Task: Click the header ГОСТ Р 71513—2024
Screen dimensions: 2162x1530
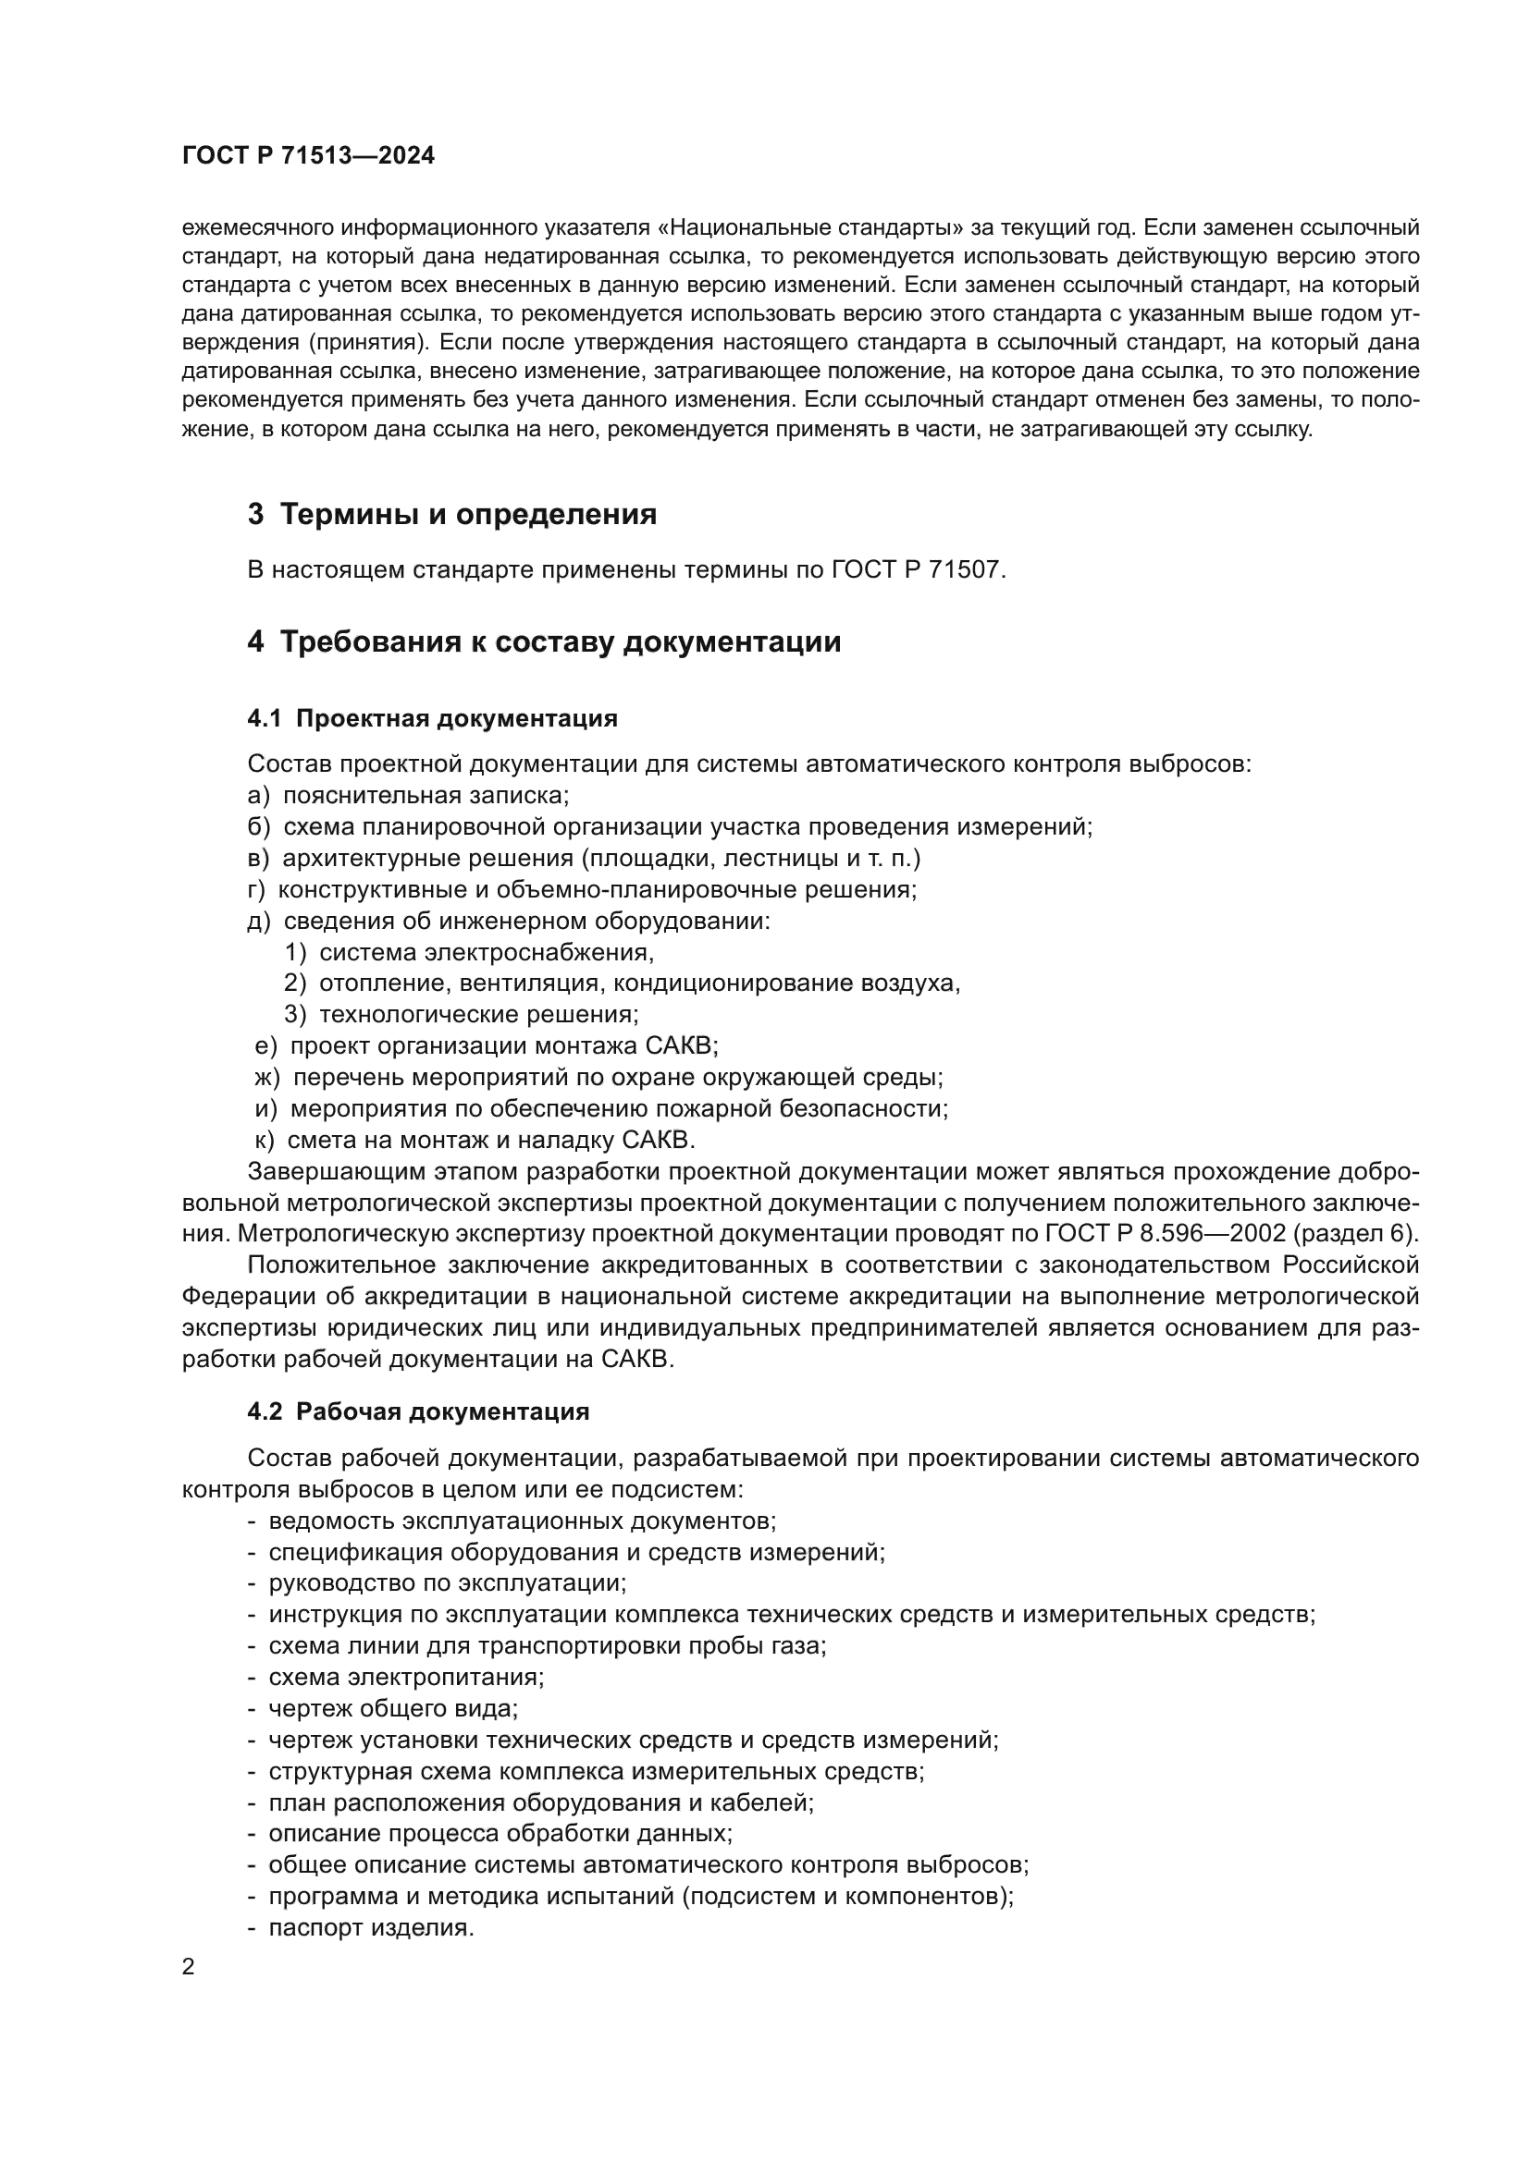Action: (x=308, y=156)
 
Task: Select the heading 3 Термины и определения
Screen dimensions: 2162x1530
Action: (x=452, y=515)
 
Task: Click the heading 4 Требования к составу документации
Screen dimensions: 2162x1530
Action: (x=544, y=642)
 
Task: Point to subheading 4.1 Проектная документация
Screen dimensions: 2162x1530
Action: (x=432, y=718)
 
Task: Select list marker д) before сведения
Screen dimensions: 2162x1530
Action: (x=258, y=921)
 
